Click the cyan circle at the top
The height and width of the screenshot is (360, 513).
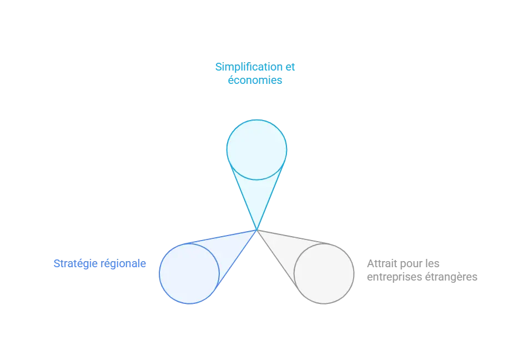click(257, 150)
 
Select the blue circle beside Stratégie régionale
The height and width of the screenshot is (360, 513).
click(189, 273)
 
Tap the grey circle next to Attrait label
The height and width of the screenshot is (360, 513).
click(324, 273)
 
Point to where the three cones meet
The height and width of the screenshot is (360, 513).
click(257, 230)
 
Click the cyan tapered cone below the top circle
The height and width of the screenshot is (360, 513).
click(257, 196)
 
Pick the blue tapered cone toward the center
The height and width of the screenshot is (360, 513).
click(229, 249)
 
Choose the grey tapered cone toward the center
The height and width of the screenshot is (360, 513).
click(285, 249)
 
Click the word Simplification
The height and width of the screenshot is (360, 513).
click(249, 67)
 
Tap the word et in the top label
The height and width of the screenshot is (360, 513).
click(290, 67)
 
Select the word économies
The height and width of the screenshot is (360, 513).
click(255, 80)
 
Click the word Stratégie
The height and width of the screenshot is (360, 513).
click(76, 264)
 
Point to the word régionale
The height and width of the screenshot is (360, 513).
click(123, 264)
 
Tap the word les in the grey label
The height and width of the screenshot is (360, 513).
click(432, 263)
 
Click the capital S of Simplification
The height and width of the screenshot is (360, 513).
click(219, 67)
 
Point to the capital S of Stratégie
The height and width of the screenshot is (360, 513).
click(57, 263)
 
